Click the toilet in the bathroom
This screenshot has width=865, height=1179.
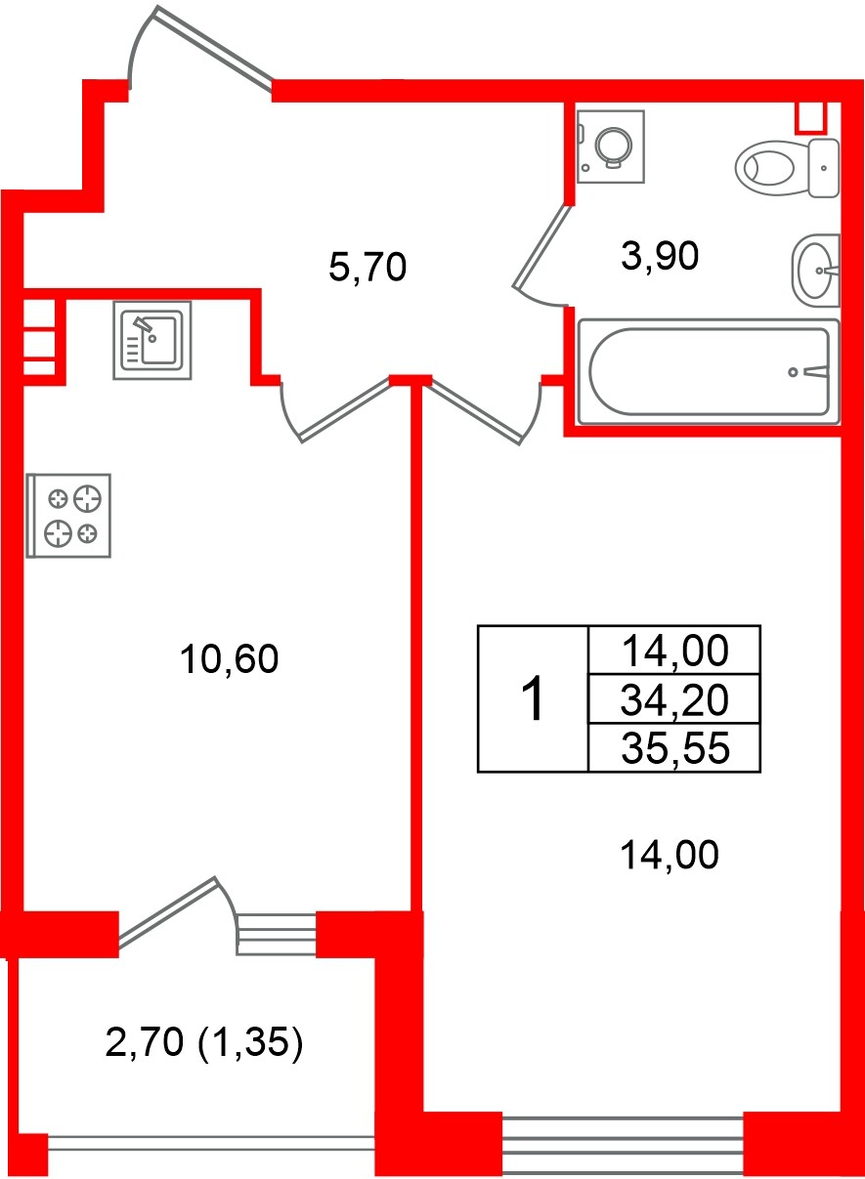tap(787, 168)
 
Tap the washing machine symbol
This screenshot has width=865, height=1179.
tap(611, 147)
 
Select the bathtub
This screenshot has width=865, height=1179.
tap(709, 371)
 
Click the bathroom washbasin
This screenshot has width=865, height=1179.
tap(815, 271)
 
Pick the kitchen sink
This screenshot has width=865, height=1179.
tap(152, 340)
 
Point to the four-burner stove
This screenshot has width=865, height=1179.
tap(68, 516)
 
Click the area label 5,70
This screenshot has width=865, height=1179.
tap(368, 267)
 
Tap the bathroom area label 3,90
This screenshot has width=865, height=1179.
tap(660, 256)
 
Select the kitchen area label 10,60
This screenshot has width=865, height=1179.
tap(229, 659)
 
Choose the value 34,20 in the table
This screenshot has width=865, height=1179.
tap(674, 700)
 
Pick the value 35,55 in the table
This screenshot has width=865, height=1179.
tap(675, 748)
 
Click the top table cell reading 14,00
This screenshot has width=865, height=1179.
tap(675, 651)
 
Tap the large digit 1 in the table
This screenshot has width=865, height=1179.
tap(533, 699)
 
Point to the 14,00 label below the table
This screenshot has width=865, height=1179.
tap(670, 855)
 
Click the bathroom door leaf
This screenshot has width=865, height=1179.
tap(542, 247)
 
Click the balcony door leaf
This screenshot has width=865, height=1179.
tap(167, 912)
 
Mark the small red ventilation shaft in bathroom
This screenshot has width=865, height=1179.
tap(810, 116)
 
